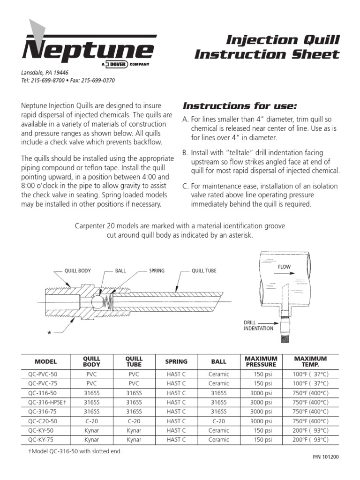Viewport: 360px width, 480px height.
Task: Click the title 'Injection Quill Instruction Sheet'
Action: [267, 47]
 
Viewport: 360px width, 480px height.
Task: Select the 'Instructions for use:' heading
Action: [240, 105]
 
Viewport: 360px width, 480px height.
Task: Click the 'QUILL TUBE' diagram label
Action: [204, 271]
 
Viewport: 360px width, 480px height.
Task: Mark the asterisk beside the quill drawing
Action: [48, 333]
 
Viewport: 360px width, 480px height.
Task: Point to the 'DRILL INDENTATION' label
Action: [258, 326]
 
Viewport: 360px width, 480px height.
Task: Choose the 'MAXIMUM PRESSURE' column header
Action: [261, 361]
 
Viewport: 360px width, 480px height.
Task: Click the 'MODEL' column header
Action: [45, 361]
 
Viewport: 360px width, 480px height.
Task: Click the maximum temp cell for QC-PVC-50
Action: [311, 374]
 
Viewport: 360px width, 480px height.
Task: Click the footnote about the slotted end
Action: [75, 451]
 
